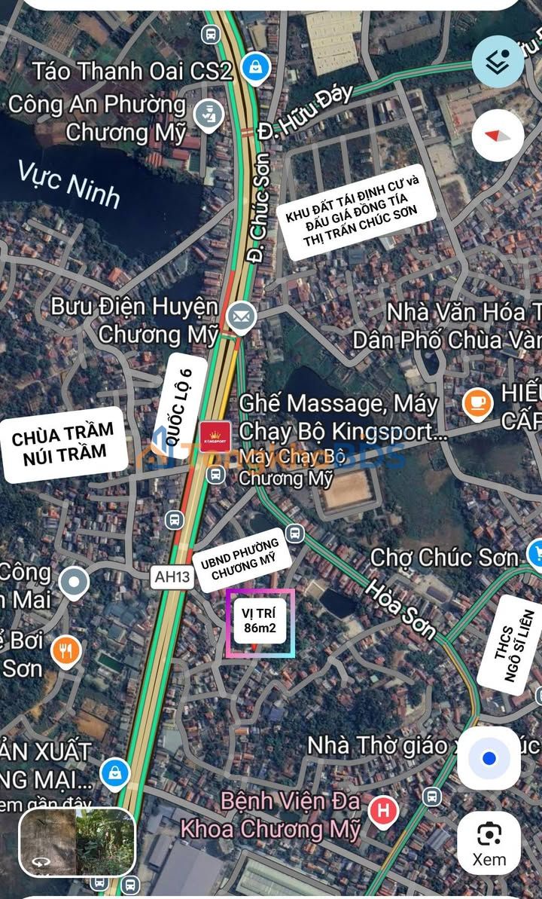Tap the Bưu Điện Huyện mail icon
[241, 316]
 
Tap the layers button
[498, 61]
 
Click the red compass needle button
[498, 136]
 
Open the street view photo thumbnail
[77, 842]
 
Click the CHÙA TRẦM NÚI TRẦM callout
[63, 442]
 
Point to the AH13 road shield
[172, 578]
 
